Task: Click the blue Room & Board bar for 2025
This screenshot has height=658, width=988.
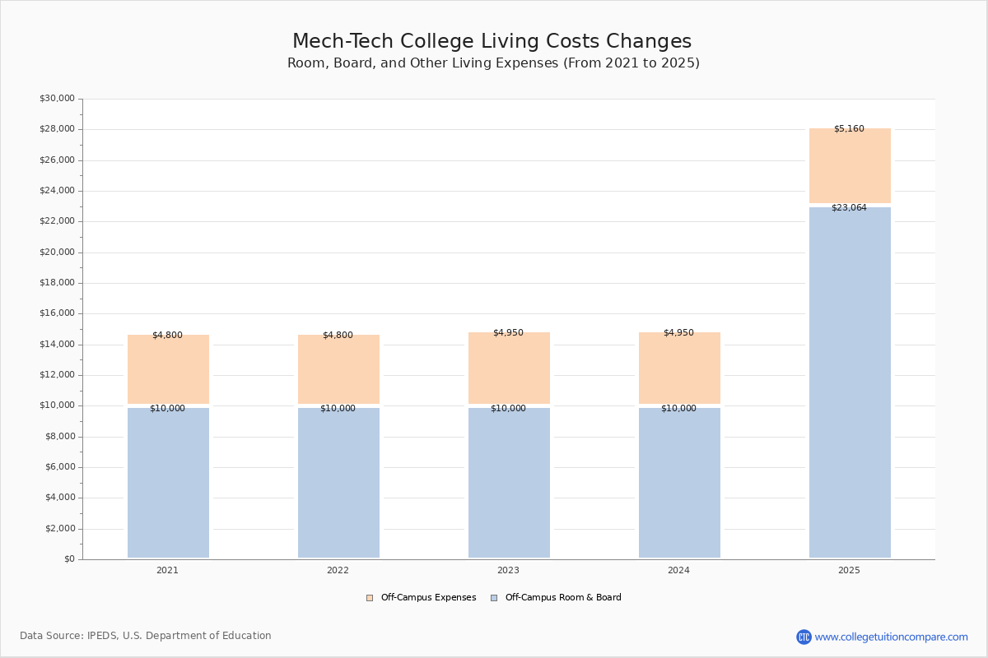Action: [x=850, y=382]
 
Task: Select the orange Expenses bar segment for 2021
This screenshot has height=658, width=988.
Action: [x=168, y=370]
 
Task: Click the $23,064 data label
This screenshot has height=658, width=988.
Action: [x=849, y=208]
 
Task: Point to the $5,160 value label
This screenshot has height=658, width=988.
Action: [x=849, y=129]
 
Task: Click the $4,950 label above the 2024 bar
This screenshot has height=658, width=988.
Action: [x=678, y=333]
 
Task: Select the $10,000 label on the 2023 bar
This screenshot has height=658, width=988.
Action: [x=508, y=409]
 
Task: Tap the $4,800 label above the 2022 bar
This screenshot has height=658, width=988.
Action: [x=338, y=336]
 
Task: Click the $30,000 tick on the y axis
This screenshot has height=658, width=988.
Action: [x=57, y=99]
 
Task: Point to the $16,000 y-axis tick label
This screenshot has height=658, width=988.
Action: [x=57, y=313]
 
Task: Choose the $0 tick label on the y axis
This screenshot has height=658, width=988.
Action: [x=68, y=559]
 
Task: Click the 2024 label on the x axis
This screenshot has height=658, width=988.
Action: [x=678, y=571]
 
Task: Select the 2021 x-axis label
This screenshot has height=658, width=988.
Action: [x=167, y=571]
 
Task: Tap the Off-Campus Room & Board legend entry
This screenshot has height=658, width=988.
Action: [x=563, y=598]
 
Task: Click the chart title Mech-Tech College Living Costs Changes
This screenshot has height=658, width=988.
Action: [x=492, y=42]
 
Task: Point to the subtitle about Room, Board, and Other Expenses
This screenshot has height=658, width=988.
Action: [x=493, y=63]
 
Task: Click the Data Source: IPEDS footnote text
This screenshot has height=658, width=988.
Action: [x=146, y=636]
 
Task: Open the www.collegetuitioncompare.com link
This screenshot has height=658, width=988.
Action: [x=891, y=637]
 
